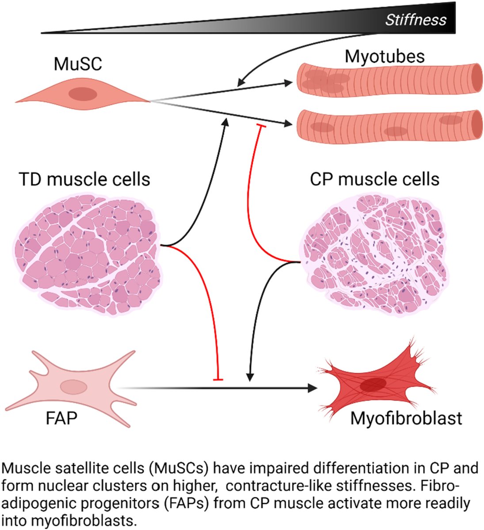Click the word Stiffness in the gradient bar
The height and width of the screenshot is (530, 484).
(x=415, y=20)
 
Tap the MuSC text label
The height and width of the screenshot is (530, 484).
(x=77, y=64)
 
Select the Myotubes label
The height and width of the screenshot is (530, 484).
(x=385, y=56)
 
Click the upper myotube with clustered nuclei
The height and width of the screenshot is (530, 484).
(x=389, y=78)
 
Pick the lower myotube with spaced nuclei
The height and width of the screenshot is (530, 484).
(x=389, y=125)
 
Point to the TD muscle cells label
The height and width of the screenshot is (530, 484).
(x=84, y=180)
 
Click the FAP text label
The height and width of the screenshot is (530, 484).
(x=61, y=417)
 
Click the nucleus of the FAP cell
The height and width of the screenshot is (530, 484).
(x=73, y=387)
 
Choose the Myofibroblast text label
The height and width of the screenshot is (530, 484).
(x=406, y=418)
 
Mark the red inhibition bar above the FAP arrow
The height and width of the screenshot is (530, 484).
(x=218, y=379)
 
